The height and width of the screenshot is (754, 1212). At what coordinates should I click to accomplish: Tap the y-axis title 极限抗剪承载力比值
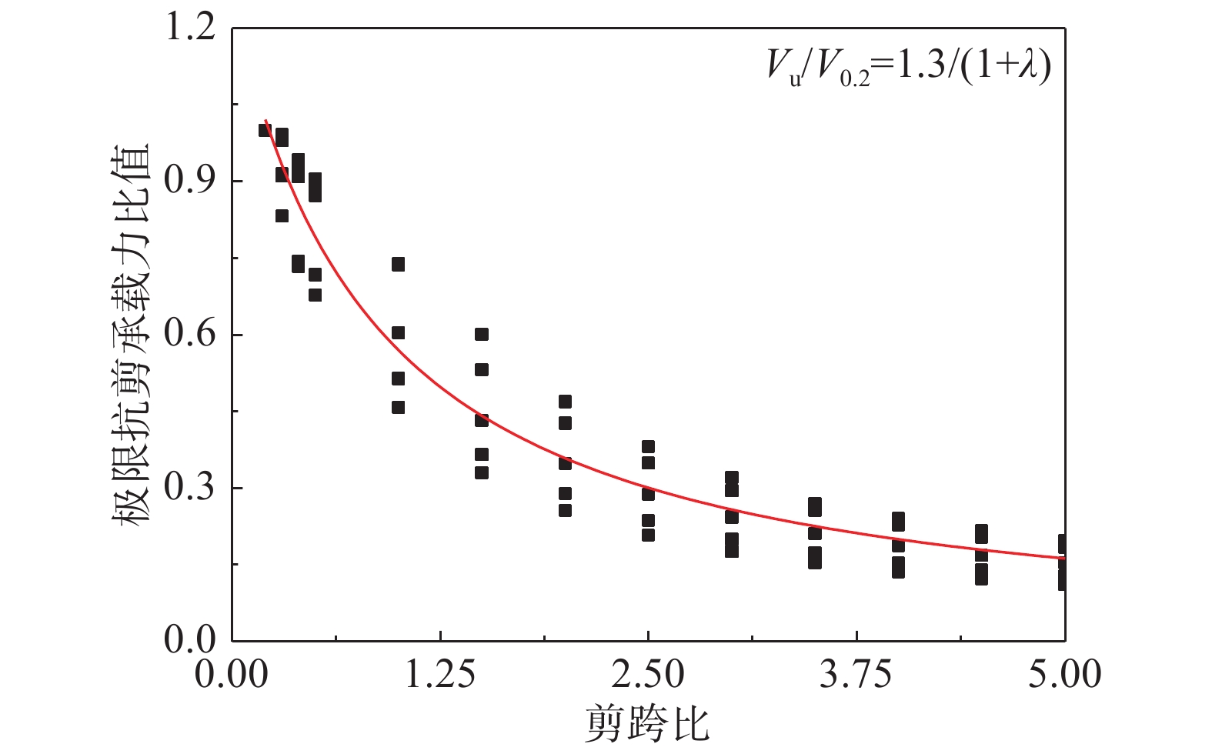click(x=130, y=334)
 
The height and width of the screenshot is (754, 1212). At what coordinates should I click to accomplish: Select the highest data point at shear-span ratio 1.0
click(x=399, y=264)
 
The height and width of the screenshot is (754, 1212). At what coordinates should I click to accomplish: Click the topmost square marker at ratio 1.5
click(x=482, y=334)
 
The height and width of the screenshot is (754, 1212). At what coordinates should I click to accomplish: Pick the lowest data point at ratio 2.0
click(x=565, y=510)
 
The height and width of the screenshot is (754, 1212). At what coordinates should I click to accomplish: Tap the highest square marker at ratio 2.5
click(x=648, y=447)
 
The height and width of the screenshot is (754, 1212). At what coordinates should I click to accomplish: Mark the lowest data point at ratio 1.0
click(x=399, y=407)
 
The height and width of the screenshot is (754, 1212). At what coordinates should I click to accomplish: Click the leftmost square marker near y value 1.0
click(x=265, y=130)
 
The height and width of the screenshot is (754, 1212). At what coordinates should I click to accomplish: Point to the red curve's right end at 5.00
click(x=1064, y=559)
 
